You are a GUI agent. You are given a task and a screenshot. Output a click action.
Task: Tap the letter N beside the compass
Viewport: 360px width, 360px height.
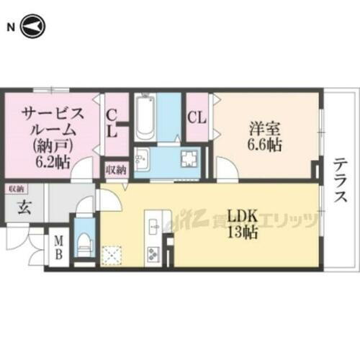point(11,27)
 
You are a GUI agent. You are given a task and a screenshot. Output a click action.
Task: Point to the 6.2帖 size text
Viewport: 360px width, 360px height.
point(52,163)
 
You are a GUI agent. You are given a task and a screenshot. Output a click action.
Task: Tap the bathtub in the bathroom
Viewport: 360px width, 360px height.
point(144,118)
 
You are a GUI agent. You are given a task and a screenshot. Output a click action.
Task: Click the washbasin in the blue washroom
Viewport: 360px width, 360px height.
point(142,158)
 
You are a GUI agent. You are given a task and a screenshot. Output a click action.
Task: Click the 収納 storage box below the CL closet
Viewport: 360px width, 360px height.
point(115,169)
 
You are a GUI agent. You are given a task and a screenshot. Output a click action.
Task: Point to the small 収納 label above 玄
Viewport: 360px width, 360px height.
point(16,188)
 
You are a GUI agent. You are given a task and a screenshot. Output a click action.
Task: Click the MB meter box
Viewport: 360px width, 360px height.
point(58,247)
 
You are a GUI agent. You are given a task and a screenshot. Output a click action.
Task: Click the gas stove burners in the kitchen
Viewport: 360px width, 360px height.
point(155,253)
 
